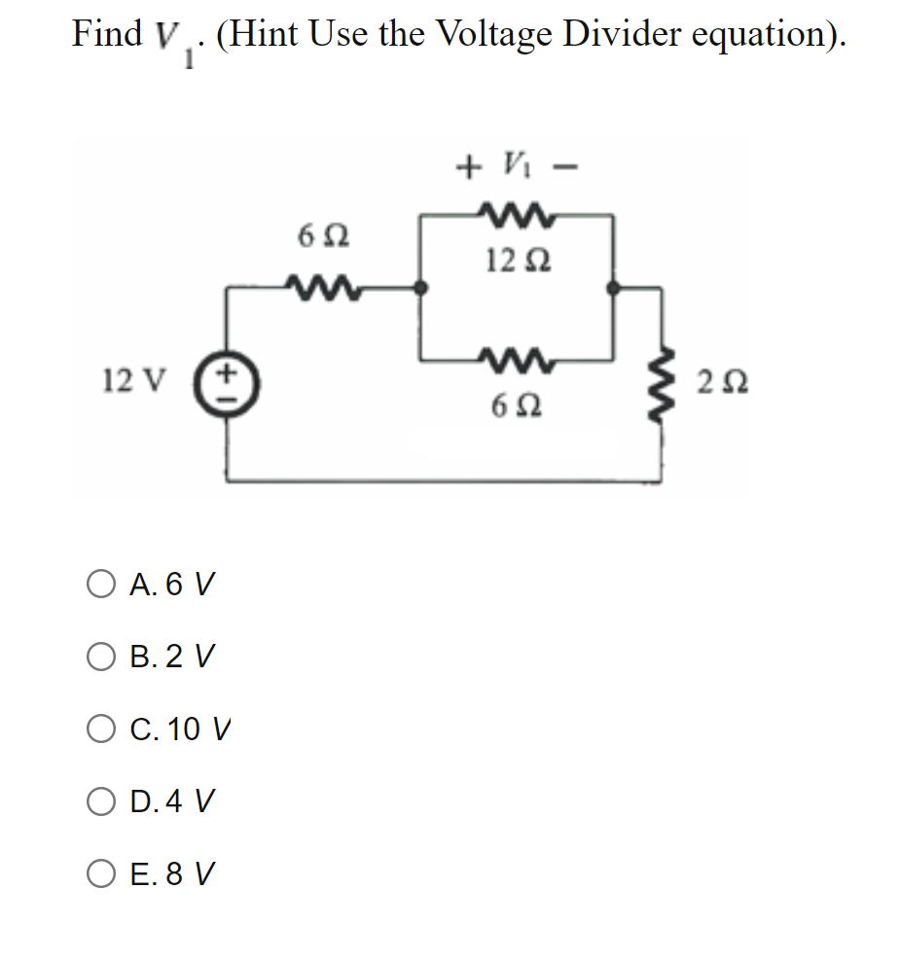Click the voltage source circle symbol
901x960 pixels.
pos(228,377)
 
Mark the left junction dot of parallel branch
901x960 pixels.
pos(420,287)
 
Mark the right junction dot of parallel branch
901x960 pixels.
pos(612,287)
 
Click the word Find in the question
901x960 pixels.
pos(106,34)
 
